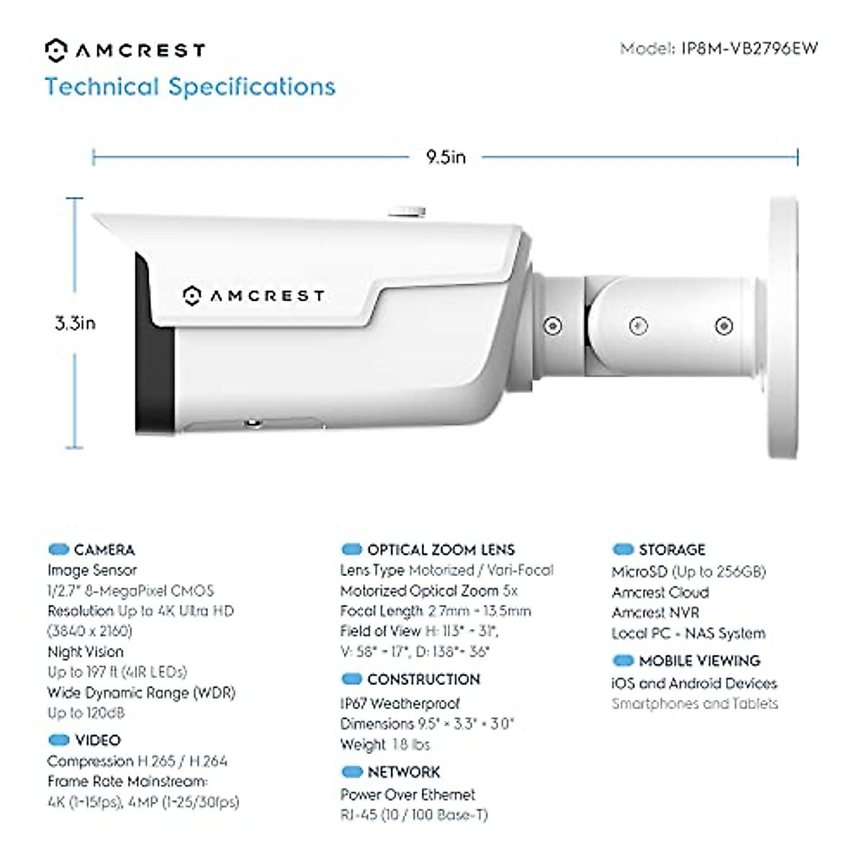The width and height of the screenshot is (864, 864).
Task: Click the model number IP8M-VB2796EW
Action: (x=749, y=49)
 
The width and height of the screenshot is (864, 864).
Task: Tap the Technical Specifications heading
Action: (x=190, y=87)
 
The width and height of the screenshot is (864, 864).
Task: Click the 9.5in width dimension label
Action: (x=446, y=157)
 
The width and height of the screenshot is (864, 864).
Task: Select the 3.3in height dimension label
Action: (x=75, y=323)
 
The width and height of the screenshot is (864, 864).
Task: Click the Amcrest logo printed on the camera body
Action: (x=253, y=296)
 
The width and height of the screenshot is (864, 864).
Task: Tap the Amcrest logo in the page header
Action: (x=125, y=50)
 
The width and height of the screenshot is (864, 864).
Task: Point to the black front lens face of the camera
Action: (x=154, y=353)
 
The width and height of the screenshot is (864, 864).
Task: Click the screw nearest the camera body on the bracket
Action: (x=553, y=325)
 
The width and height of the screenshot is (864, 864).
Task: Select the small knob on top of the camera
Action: (x=407, y=211)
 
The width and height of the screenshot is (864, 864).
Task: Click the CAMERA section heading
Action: (x=104, y=550)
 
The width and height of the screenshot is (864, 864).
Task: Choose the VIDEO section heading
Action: (x=98, y=740)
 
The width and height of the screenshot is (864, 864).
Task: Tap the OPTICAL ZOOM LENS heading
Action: (x=441, y=550)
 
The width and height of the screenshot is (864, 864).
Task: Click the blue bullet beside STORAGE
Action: (x=622, y=550)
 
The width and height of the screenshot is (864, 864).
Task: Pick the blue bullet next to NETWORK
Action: (x=351, y=773)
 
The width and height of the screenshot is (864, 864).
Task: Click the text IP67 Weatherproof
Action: (x=400, y=703)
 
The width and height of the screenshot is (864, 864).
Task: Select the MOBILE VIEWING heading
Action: (x=699, y=661)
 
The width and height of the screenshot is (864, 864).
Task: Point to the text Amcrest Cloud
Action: (x=660, y=593)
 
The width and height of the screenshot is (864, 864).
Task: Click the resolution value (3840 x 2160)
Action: (x=90, y=631)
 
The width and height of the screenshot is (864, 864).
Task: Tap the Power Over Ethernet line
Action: (x=408, y=795)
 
